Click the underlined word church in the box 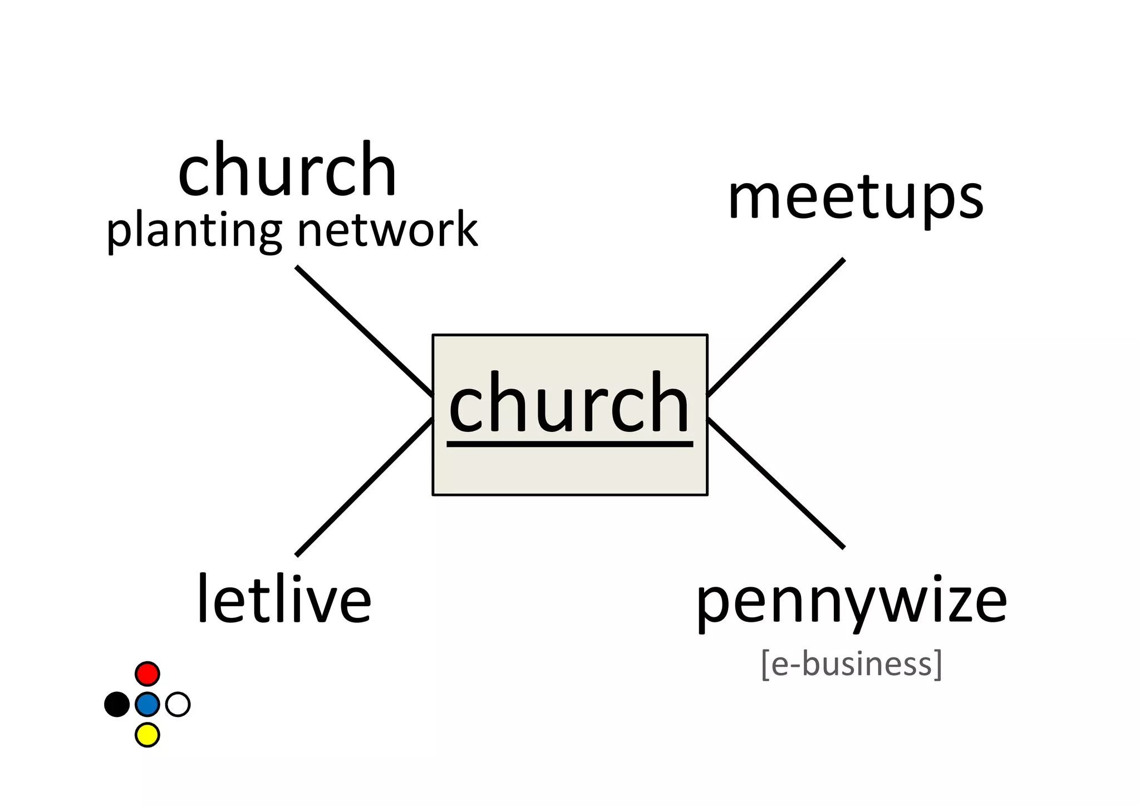[569, 403]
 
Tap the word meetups [856, 198]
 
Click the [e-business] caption [852, 664]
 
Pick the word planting [194, 230]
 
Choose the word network [387, 229]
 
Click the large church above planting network [287, 169]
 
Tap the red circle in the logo [148, 674]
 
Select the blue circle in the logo [148, 704]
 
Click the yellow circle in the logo [148, 735]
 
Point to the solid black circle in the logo [117, 704]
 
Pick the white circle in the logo [178, 704]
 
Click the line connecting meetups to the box [776, 327]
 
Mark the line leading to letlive [363, 486]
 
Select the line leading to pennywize [776, 483]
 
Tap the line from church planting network [363, 331]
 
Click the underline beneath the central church [569, 444]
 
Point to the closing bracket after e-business [938, 665]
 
